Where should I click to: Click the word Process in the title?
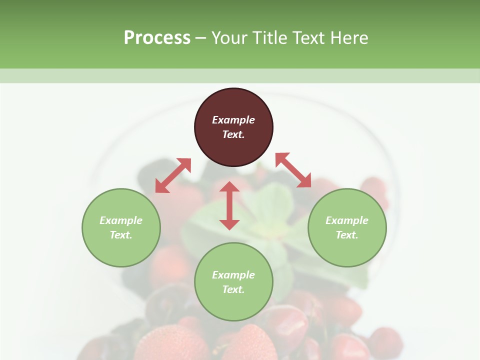157,38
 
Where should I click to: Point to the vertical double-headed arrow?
229,205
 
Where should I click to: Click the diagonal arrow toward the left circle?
173,175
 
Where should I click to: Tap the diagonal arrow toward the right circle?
293,170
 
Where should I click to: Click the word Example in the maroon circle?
233,120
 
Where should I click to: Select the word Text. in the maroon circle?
233,134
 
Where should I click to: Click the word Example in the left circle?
121,220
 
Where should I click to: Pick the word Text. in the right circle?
347,235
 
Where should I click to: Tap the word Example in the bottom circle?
233,275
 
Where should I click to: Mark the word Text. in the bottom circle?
233,289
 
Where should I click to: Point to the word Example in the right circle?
347,220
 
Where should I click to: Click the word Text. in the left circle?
121,235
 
